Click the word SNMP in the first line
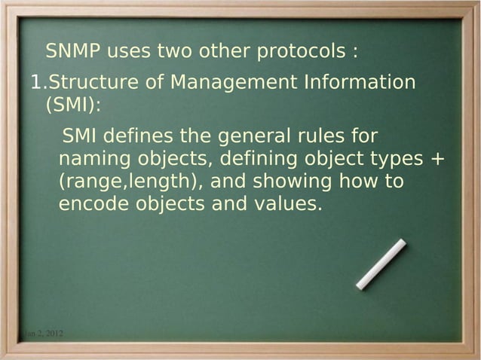coord(72,53)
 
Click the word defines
coord(133,137)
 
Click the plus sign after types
coord(437,160)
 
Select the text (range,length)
coord(128,183)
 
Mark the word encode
coord(93,204)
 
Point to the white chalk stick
coord(381,264)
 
